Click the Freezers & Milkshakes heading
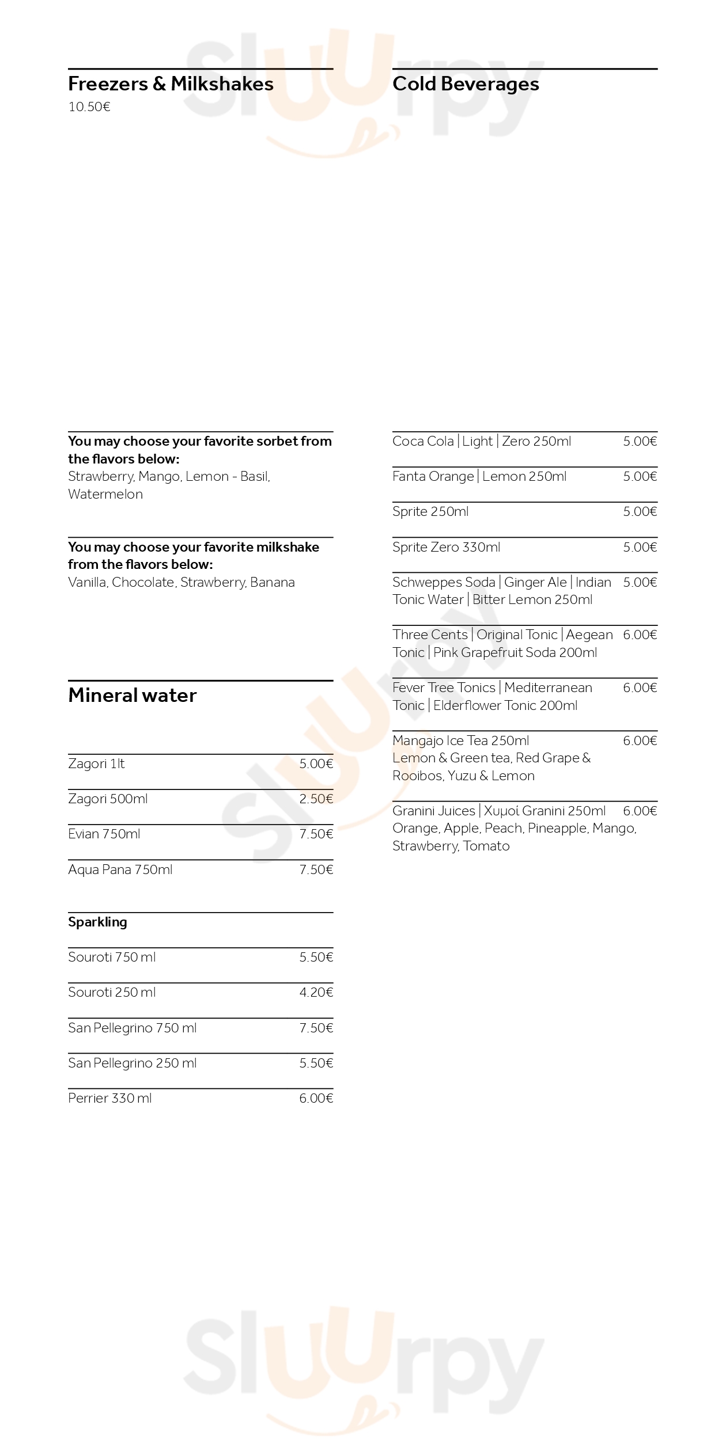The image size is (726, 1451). point(171,84)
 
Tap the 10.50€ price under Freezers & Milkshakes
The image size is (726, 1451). point(89,107)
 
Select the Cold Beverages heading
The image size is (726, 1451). point(466,84)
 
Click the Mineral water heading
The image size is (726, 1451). point(132,696)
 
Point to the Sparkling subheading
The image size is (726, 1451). point(97,922)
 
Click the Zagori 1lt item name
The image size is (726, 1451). point(96,764)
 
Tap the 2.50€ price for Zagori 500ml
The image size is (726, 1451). point(316,799)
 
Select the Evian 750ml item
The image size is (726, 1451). point(104,834)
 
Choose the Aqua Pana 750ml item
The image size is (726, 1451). point(120,870)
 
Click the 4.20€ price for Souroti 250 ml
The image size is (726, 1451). point(316,993)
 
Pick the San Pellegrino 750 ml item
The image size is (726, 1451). point(132,1028)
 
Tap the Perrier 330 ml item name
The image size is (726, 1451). point(109,1099)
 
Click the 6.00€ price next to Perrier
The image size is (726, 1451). point(316,1099)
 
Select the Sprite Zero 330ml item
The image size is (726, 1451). point(446,548)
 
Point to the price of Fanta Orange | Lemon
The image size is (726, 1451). point(640,477)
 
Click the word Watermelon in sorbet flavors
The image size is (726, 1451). point(105,495)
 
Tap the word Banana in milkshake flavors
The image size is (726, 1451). point(273,583)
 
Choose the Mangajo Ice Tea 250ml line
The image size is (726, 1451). point(460,741)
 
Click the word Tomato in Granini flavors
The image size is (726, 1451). point(487,846)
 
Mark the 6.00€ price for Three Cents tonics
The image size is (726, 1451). point(640,635)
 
